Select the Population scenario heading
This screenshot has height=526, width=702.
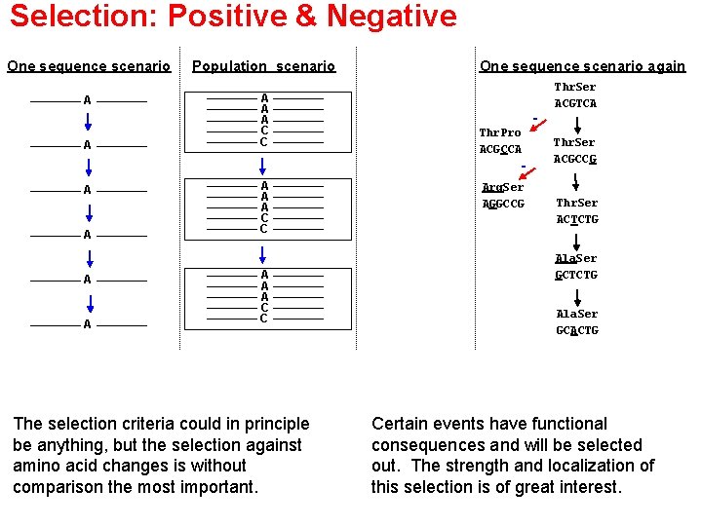coord(263,66)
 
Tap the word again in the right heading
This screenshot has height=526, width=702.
coord(664,66)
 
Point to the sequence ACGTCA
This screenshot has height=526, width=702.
coord(575,103)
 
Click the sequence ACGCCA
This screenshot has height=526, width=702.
coord(500,149)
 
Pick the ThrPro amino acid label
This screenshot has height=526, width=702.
coord(500,132)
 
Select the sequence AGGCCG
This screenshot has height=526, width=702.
coord(503,204)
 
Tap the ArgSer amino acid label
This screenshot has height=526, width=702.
coord(503,187)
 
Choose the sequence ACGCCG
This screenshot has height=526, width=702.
coord(575,159)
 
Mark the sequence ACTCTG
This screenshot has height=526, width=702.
coord(577,219)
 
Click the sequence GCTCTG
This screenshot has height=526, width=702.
coord(576,275)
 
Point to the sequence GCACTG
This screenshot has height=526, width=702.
coord(577,330)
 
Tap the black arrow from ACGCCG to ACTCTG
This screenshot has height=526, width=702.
coord(576,182)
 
